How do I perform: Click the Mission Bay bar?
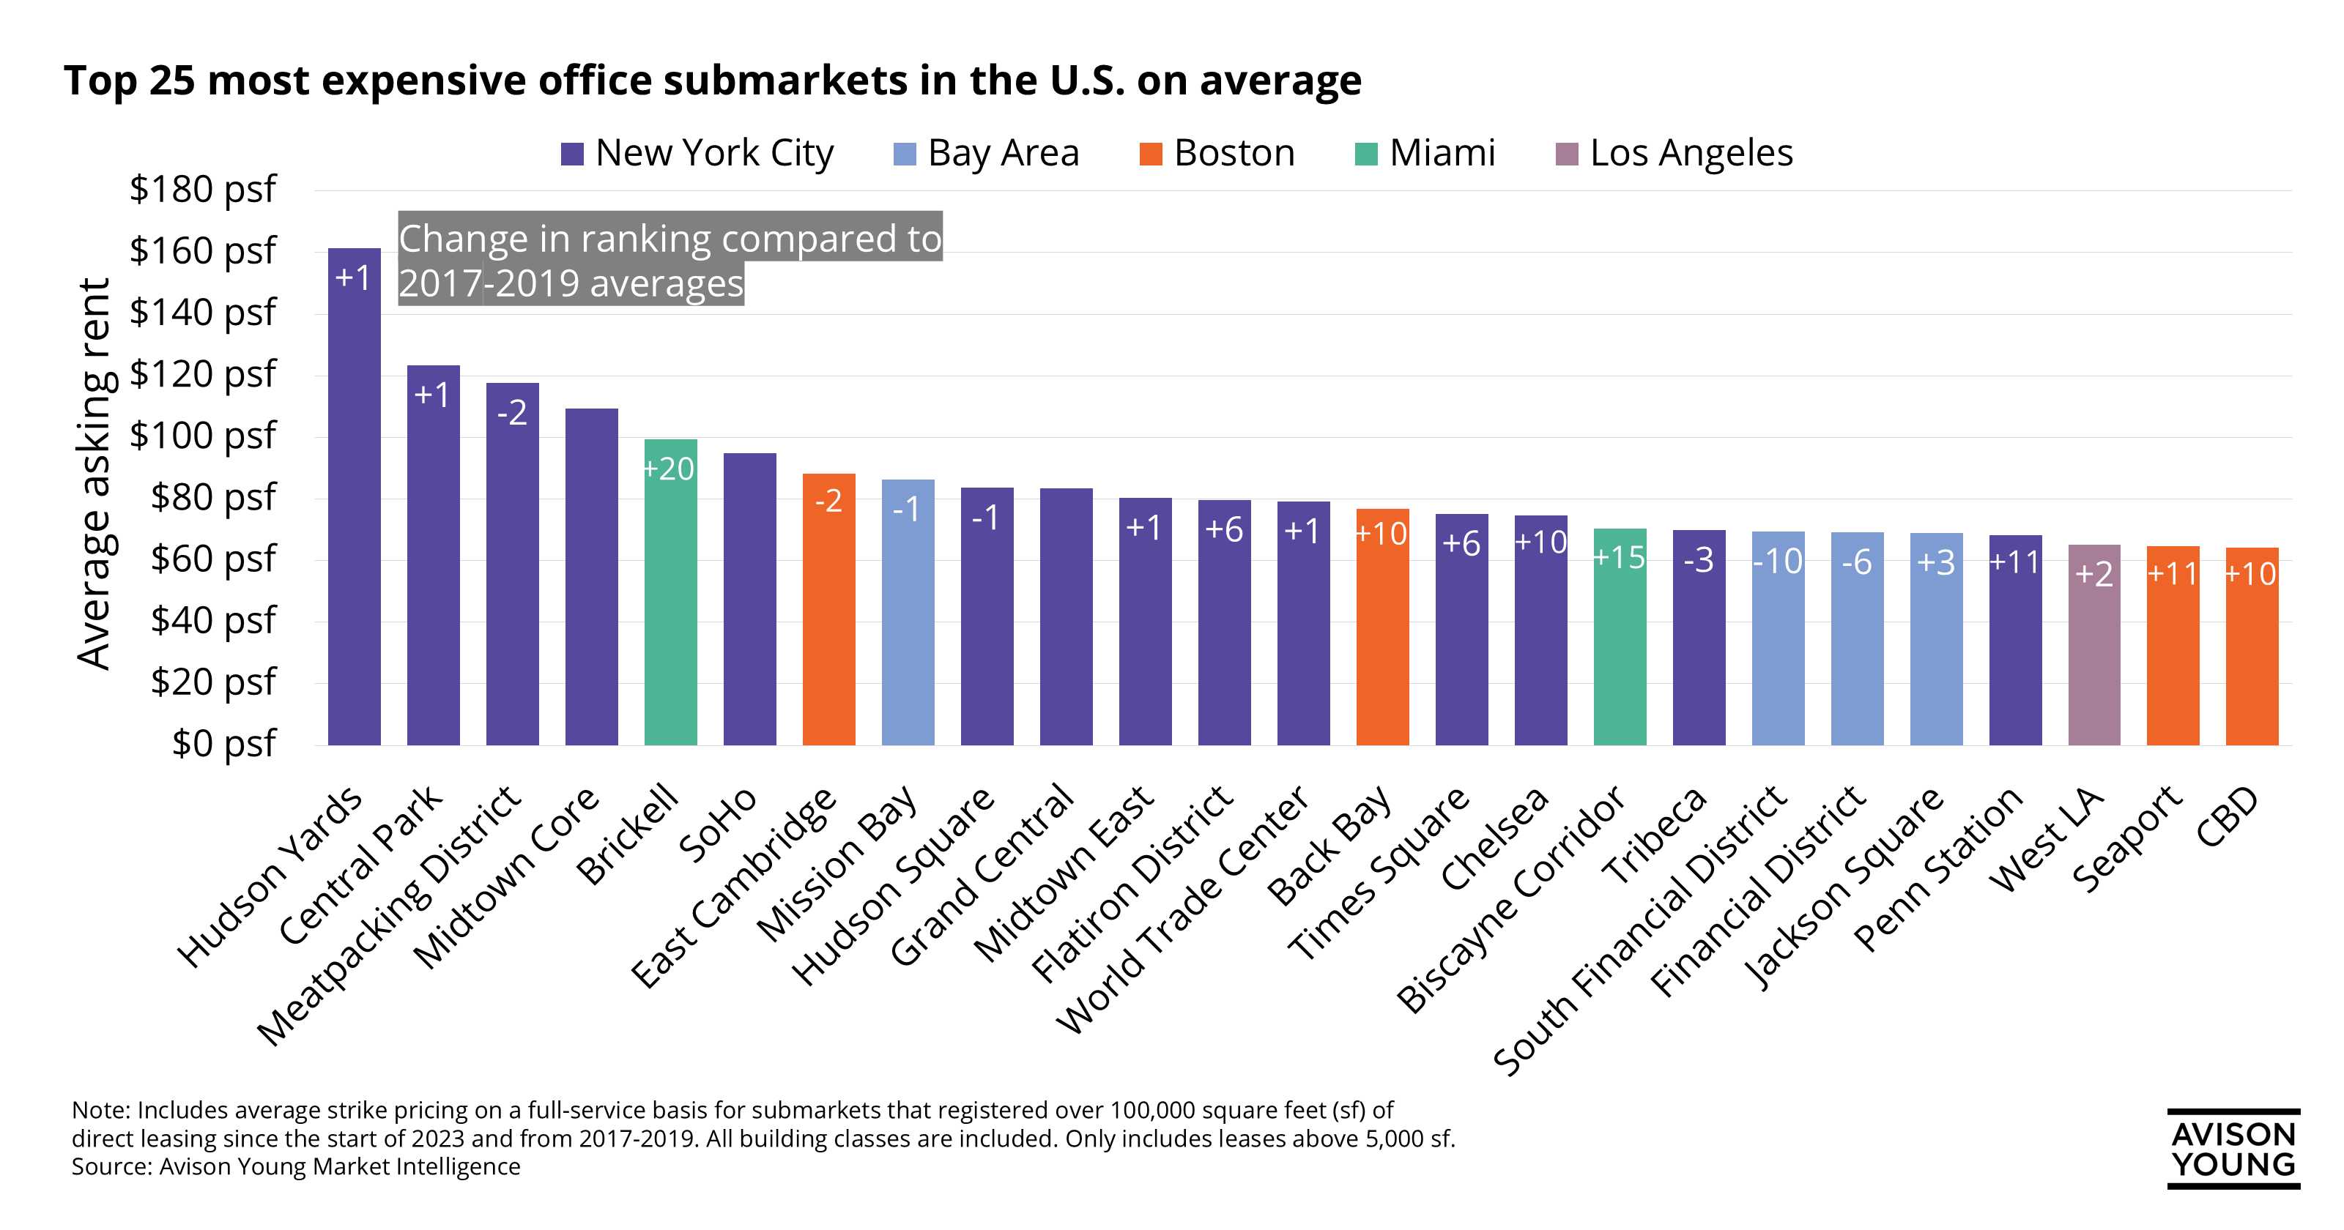coord(908,627)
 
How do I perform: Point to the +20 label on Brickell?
coord(669,469)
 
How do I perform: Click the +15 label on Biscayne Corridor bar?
coord(1620,556)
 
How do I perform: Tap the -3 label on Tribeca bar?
coord(1699,560)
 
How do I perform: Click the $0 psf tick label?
coord(223,743)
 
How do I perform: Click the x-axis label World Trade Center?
coord(1183,910)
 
